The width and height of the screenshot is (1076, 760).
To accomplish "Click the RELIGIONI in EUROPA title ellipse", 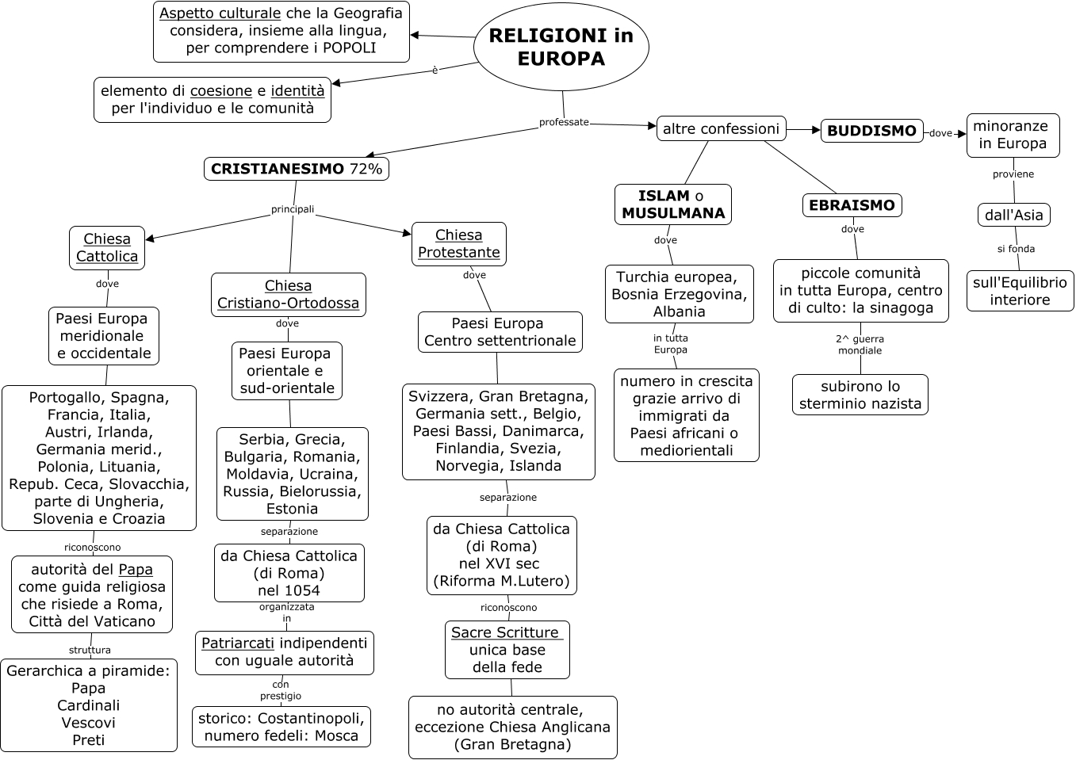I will coord(561,47).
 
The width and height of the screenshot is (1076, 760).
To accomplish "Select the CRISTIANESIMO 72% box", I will coord(297,169).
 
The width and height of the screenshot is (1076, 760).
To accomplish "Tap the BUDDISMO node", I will coord(871,131).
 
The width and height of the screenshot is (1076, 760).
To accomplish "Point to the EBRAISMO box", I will coord(852,205).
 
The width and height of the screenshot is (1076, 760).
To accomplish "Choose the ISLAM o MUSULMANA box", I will coord(673,204).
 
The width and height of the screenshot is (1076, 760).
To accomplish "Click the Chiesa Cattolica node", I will coord(107,247).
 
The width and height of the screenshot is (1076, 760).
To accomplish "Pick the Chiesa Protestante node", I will coord(459,243).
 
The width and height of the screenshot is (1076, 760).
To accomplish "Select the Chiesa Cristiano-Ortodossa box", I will coord(288,294).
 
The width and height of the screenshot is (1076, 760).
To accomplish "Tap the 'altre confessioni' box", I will coord(721,128).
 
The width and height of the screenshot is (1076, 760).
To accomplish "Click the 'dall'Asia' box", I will coord(1014,215).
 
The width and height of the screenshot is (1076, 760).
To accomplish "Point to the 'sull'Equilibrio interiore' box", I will coord(1020,291).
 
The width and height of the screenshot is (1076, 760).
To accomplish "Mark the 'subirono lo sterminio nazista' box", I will coord(860,395).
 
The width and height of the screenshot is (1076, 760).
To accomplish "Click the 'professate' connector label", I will coord(564,122).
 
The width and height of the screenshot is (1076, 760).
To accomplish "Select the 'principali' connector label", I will coord(293,209).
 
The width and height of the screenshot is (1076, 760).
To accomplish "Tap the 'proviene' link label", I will coord(1013,174).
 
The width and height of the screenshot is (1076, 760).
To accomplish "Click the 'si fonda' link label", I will coord(1016,249).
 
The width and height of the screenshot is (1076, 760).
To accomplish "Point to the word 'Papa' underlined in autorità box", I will coord(136,570).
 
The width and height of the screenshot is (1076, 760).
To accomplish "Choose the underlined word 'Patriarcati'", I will coord(238,643).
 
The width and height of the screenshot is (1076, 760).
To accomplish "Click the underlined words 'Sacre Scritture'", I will coord(505,632).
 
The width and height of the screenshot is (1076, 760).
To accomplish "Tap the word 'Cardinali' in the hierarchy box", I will coord(89,705).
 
